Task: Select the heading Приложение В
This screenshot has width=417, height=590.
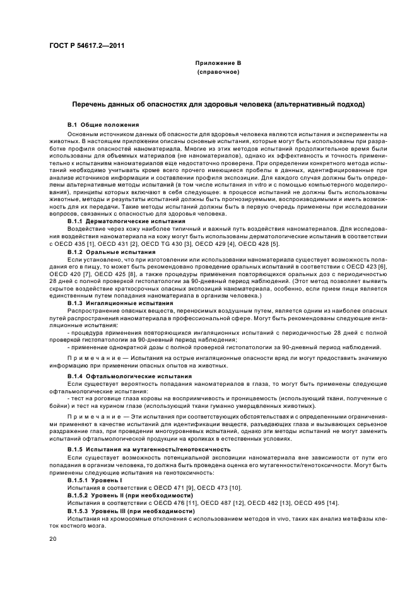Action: (x=218, y=64)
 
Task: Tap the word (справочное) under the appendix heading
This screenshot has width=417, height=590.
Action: (x=218, y=72)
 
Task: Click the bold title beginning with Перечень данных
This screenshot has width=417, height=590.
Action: (x=218, y=103)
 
